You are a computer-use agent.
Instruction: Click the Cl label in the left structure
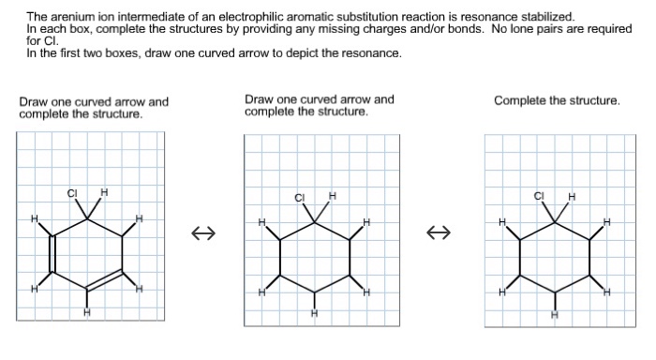coord(72,193)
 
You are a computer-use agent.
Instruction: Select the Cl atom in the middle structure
coord(300,197)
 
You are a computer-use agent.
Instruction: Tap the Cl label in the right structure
coord(539,196)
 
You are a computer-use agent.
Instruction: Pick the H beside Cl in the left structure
coord(104,193)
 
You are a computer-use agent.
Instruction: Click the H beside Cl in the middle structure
coord(333,197)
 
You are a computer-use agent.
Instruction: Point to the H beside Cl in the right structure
coord(572,196)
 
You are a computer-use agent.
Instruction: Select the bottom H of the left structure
coord(87,312)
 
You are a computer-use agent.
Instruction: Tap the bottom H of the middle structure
coord(315,314)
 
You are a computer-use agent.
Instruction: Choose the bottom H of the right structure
coord(555,314)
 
